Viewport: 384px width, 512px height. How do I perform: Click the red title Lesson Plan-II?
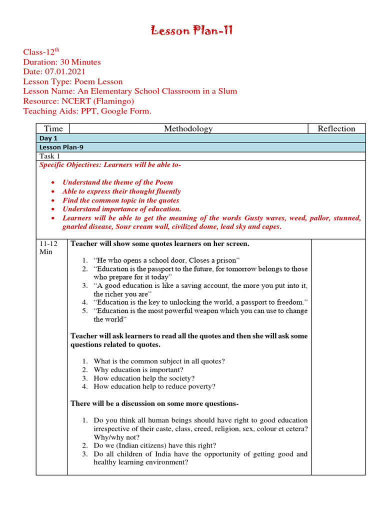(192, 31)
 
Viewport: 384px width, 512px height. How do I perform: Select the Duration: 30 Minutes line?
(62, 62)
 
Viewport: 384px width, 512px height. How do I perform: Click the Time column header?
(53, 129)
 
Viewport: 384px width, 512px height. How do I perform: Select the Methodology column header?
(188, 129)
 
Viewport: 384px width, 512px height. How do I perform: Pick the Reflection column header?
(336, 129)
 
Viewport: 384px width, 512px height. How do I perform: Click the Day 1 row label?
(48, 138)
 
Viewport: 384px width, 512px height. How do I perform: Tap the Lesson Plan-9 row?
(57, 147)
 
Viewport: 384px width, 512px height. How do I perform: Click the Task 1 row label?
(50, 156)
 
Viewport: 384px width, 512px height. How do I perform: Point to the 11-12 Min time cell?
(48, 247)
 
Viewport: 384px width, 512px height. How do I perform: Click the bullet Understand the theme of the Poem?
(117, 182)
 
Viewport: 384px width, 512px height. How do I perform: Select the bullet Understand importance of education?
(121, 209)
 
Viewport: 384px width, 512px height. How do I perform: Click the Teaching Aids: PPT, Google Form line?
(87, 110)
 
